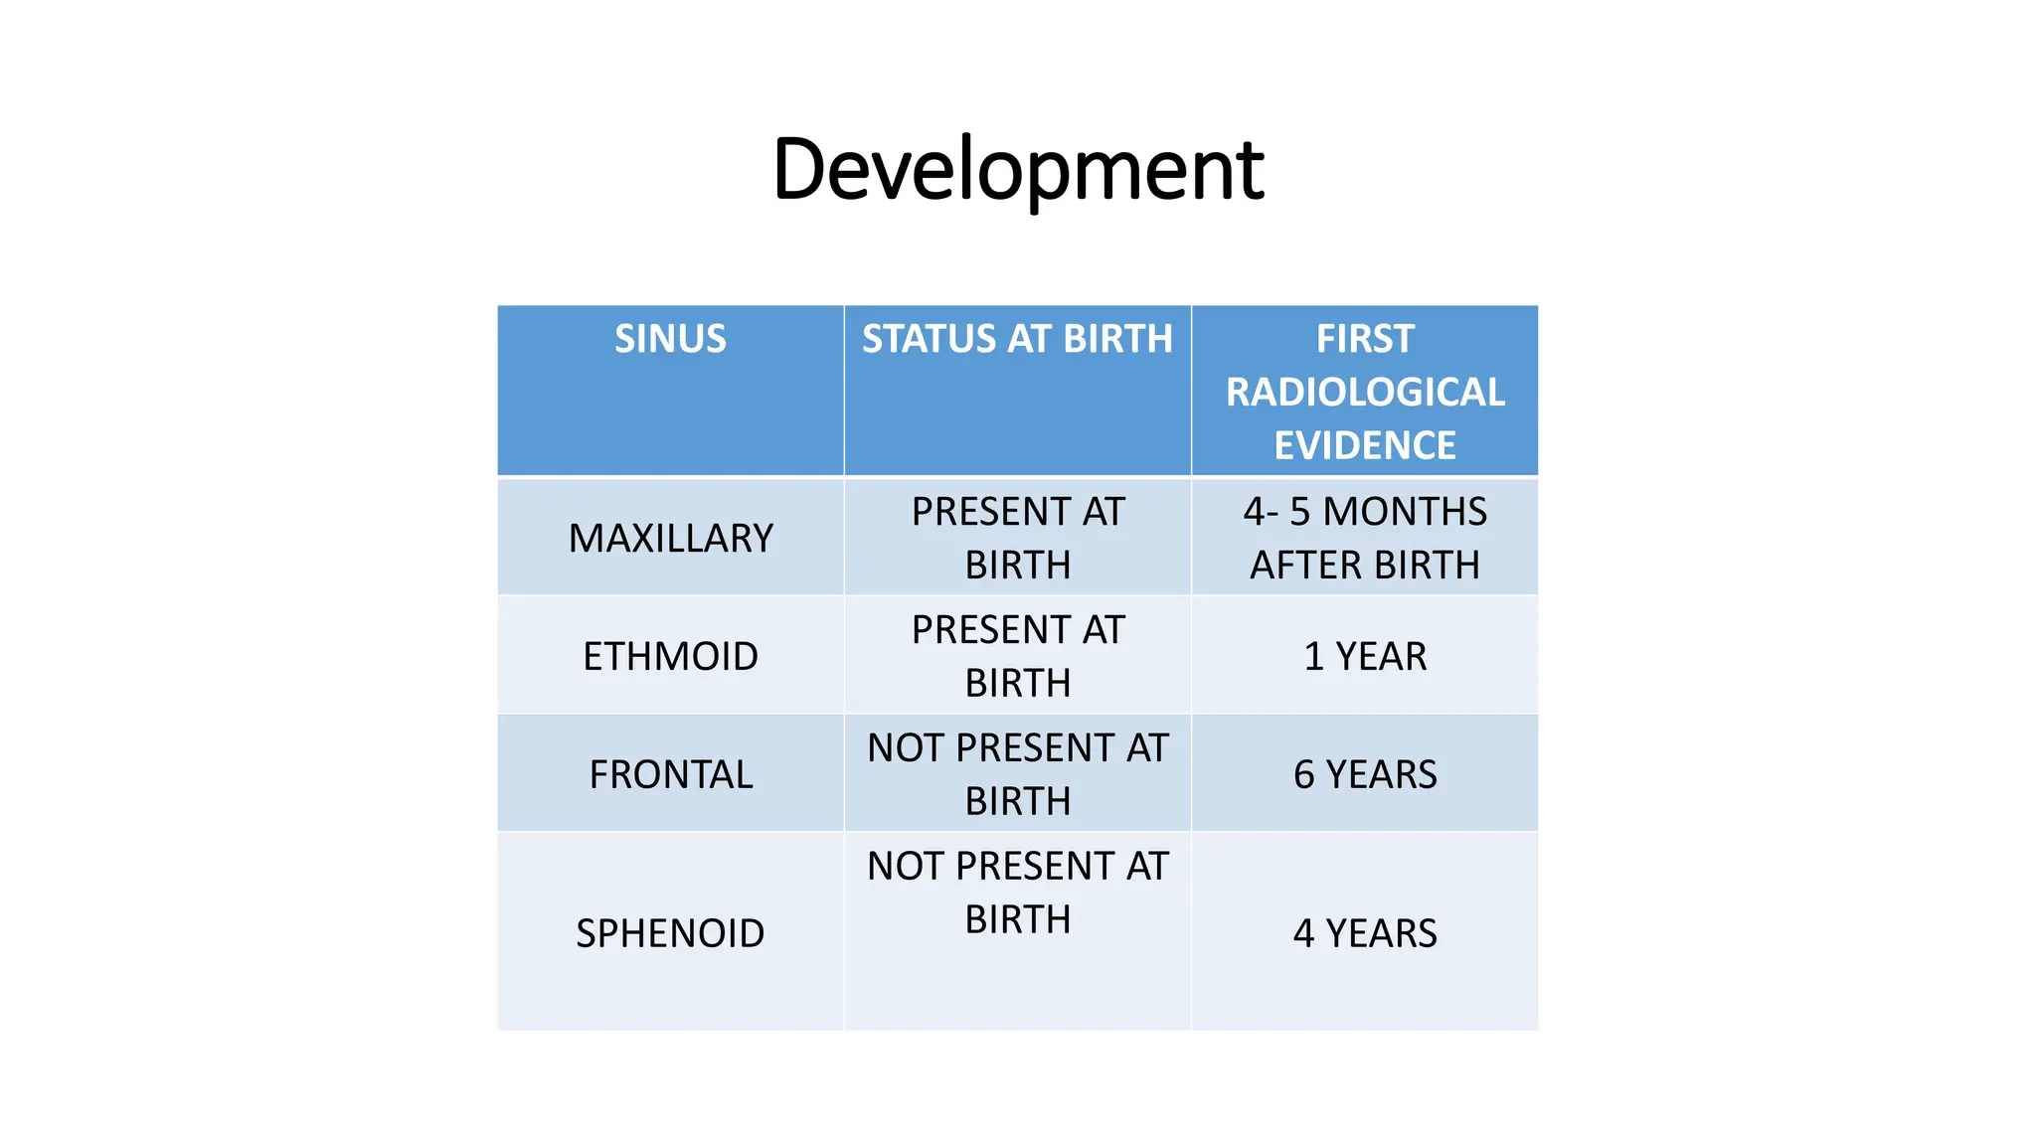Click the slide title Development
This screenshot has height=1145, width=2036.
(1017, 170)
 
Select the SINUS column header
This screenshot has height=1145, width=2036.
(670, 339)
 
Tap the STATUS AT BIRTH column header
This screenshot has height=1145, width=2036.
(1017, 339)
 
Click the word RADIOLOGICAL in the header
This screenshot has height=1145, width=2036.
(1365, 393)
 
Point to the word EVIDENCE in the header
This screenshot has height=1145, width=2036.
(1365, 445)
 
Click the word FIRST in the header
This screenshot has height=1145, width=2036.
(1365, 339)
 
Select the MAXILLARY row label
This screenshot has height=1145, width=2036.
(670, 539)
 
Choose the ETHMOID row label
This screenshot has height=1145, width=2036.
(670, 657)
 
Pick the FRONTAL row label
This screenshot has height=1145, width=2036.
(670, 775)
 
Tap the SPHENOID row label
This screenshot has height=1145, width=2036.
(670, 933)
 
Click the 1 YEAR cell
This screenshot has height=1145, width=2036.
(1365, 657)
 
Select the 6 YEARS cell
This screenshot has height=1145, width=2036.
(1365, 775)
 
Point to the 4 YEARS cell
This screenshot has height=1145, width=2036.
(1365, 933)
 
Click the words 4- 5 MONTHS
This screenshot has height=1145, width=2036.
(1365, 512)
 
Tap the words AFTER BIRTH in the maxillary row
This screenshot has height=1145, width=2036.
(1365, 566)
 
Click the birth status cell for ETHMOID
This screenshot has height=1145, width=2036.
(1017, 656)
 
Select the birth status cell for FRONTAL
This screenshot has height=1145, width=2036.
(1017, 774)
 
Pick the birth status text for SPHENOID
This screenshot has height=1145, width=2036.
(1017, 893)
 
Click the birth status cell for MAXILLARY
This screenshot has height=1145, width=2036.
(1017, 538)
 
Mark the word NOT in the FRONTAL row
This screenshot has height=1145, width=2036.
(905, 748)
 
